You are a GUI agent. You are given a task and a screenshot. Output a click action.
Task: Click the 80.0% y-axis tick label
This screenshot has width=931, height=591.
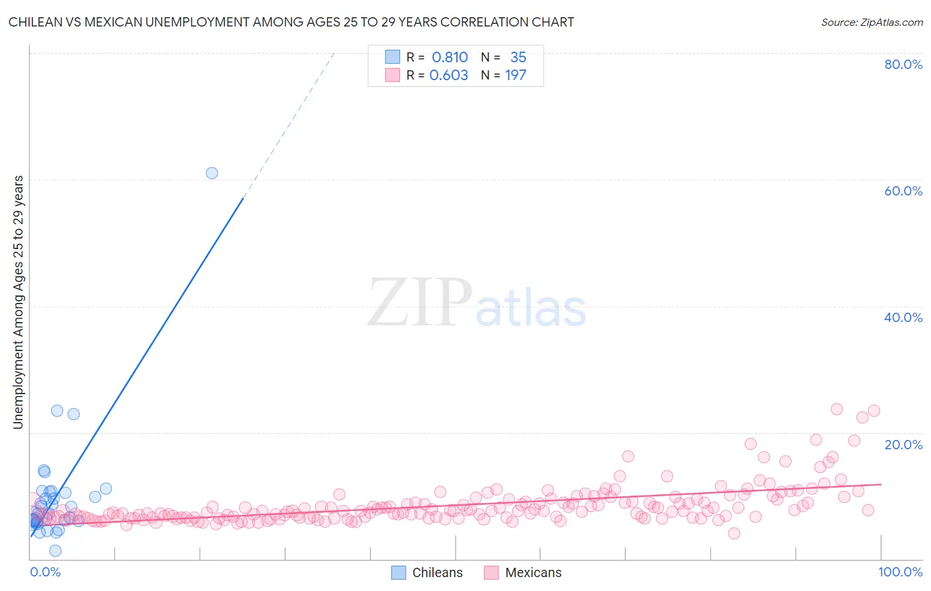[x=903, y=64]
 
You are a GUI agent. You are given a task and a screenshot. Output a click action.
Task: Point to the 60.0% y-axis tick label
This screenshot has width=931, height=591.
[x=903, y=191]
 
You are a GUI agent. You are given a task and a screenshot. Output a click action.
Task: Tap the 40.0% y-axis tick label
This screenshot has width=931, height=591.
[x=903, y=317]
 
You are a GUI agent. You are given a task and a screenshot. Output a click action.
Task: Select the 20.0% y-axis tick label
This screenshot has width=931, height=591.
[x=903, y=444]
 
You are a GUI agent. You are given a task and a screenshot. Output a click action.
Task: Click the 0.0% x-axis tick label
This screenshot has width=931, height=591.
[x=45, y=572]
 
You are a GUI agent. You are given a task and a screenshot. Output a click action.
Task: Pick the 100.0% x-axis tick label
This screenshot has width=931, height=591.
[x=900, y=572]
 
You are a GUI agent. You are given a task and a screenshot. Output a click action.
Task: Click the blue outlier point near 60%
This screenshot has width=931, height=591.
[x=212, y=173]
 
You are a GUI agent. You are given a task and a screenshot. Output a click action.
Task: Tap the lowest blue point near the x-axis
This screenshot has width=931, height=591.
[x=56, y=551]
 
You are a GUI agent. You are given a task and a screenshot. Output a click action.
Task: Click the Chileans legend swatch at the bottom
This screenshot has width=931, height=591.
[x=398, y=572]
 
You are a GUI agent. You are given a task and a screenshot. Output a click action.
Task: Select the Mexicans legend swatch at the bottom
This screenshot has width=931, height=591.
[x=491, y=572]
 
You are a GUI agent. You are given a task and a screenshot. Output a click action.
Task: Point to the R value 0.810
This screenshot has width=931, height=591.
[x=450, y=58]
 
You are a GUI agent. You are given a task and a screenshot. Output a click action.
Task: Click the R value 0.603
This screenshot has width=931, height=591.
[x=449, y=76]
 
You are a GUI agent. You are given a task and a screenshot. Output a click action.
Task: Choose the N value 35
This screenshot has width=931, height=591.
[x=518, y=58]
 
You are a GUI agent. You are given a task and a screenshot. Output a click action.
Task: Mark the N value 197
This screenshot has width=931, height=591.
[x=515, y=76]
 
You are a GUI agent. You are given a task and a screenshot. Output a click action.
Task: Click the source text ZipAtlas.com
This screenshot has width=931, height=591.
[x=891, y=22]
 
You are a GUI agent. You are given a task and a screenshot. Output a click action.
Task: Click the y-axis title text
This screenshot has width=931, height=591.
[x=18, y=301]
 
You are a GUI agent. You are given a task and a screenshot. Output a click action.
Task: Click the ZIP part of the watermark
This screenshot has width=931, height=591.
[x=420, y=304]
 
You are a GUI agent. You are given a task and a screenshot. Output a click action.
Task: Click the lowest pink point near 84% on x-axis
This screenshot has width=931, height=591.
[x=734, y=533]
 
